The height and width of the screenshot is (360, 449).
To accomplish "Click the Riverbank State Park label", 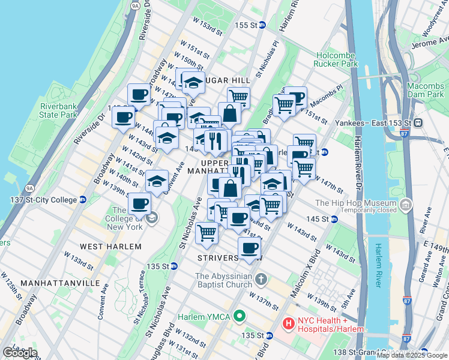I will pos(59,110).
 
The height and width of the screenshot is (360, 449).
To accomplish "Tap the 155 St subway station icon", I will pos(262,25).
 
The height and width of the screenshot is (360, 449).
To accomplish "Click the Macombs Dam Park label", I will pos(425,90).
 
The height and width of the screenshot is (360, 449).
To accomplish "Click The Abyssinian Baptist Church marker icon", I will pos(261,279).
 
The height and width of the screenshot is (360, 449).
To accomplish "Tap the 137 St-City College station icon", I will pos(82,200).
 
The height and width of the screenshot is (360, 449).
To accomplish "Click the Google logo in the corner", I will pos(20,352).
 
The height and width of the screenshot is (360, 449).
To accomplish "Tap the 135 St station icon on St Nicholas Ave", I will pos(173,266).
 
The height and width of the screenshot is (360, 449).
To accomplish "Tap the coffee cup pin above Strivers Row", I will pos(249,247).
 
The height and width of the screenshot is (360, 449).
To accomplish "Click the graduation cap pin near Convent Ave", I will pos(157,180).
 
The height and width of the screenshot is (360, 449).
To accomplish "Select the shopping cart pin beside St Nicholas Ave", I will pos(206,232).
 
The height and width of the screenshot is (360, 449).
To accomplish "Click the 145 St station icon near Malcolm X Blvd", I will pos(334,219).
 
